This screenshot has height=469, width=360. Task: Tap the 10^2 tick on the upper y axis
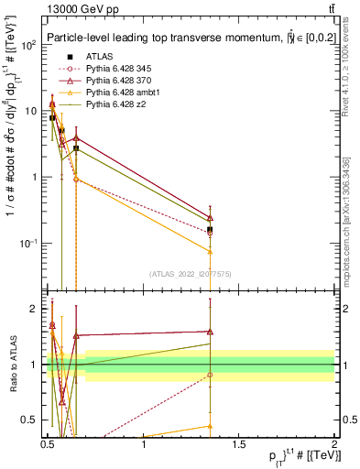tap(28, 45)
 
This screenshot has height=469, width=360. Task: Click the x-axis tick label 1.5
tap(239, 443)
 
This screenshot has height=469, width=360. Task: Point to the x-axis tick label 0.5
tap(49, 443)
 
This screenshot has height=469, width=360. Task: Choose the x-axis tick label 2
tap(334, 443)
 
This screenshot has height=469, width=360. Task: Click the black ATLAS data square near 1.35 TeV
tap(211, 230)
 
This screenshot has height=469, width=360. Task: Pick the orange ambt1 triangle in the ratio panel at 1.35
tap(211, 426)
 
